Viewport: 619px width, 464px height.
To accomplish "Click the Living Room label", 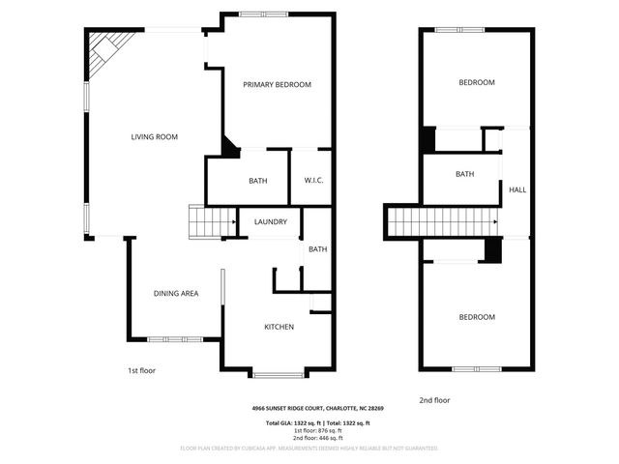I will click(x=155, y=137).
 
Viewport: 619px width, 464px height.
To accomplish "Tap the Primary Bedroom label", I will click(x=277, y=85).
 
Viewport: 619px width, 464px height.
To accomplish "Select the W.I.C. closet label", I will click(x=312, y=181).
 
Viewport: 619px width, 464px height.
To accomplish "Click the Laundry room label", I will click(x=271, y=222).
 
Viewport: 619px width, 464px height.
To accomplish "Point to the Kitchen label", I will click(x=280, y=327).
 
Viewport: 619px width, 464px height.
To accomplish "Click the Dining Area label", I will click(x=176, y=293).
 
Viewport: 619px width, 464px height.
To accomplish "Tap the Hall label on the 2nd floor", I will click(x=517, y=190).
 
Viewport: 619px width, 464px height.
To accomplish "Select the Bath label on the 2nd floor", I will click(x=465, y=175).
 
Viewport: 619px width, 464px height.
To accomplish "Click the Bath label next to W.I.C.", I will click(x=257, y=181).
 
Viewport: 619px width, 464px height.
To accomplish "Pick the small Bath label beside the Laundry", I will click(x=317, y=249).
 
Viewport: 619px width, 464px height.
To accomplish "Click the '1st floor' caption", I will click(x=141, y=370).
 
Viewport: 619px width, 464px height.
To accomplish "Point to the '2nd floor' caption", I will click(x=435, y=400).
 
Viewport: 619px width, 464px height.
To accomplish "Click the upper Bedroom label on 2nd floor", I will click(x=476, y=83).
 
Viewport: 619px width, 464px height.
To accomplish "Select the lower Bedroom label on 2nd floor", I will click(x=476, y=317).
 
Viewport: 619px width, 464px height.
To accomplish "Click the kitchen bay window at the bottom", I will click(x=280, y=374).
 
